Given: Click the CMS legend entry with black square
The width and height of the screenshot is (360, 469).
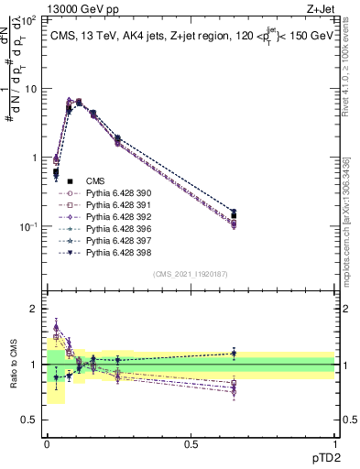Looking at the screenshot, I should pos(96,181).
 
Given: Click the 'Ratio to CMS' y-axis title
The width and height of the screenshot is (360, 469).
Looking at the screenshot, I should pos(13,366).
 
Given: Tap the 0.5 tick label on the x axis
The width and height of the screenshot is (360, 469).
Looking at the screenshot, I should pos(191,444).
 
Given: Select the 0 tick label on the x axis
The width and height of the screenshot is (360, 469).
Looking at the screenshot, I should pos(47,444).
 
